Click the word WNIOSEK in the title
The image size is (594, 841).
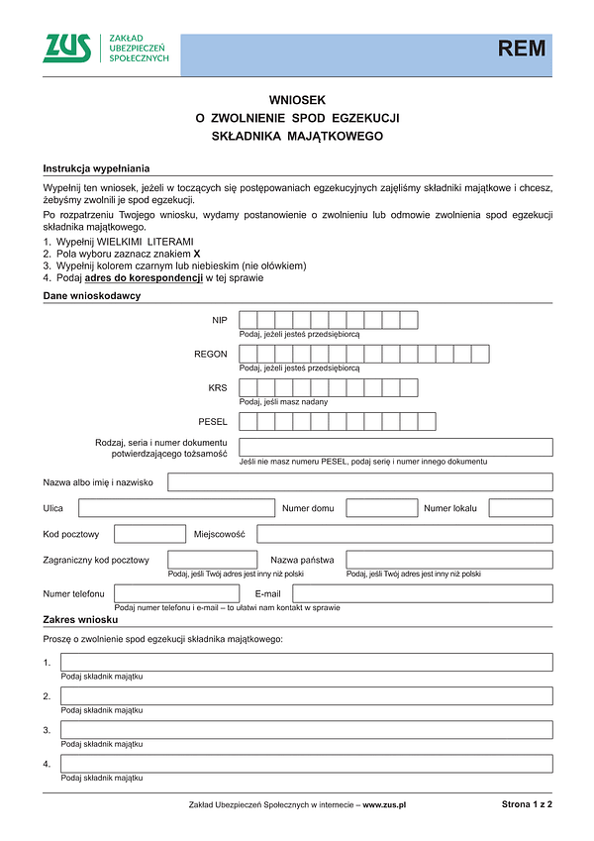[297, 100]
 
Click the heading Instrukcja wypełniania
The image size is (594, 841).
[96, 168]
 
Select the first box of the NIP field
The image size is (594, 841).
[248, 320]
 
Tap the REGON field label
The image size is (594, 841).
[211, 354]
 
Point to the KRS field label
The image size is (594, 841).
[217, 387]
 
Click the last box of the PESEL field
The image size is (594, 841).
[427, 422]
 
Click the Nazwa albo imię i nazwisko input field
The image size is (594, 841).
[360, 482]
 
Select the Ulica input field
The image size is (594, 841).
[176, 508]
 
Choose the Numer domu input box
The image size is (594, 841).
[381, 508]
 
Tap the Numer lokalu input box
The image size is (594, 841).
[521, 508]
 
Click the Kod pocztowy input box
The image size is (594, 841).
[149, 534]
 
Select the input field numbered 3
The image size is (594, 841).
[307, 730]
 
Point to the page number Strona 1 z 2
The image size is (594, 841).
[527, 804]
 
